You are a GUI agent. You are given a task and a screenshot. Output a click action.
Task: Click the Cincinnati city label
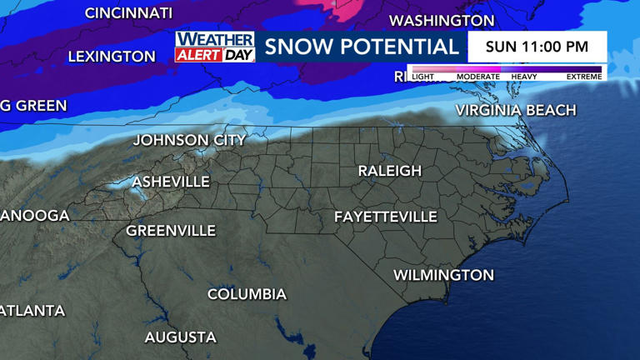coord(128,13)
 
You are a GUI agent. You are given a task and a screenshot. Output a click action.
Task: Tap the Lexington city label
coord(111,57)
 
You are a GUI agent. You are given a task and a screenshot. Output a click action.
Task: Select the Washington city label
coord(442,21)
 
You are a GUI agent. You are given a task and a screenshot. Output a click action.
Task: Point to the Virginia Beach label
coord(515,110)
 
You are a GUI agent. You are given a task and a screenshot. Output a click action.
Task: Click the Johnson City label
coord(189,140)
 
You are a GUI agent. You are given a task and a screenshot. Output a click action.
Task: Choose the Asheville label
coord(171,182)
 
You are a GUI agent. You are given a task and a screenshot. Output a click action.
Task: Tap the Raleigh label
coord(389,171)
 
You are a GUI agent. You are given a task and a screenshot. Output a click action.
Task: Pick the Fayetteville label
coord(385,217)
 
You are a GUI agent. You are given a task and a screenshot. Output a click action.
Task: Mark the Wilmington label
coord(443,275)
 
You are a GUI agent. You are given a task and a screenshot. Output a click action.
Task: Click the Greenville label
coord(171,231)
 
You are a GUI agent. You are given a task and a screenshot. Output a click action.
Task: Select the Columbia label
coord(247,294)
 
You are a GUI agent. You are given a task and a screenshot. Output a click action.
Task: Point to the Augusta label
coord(180,337)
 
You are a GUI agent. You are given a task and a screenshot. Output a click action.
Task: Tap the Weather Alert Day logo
coord(214,47)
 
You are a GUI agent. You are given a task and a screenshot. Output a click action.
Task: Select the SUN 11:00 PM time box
coord(537,47)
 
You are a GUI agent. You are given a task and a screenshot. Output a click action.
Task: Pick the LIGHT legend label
coord(422,77)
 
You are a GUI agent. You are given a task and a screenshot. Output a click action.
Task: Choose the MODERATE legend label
coord(477,77)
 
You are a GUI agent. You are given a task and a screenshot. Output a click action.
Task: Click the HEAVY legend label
coord(523,77)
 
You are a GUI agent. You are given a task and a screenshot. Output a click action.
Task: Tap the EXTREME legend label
coord(583,77)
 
